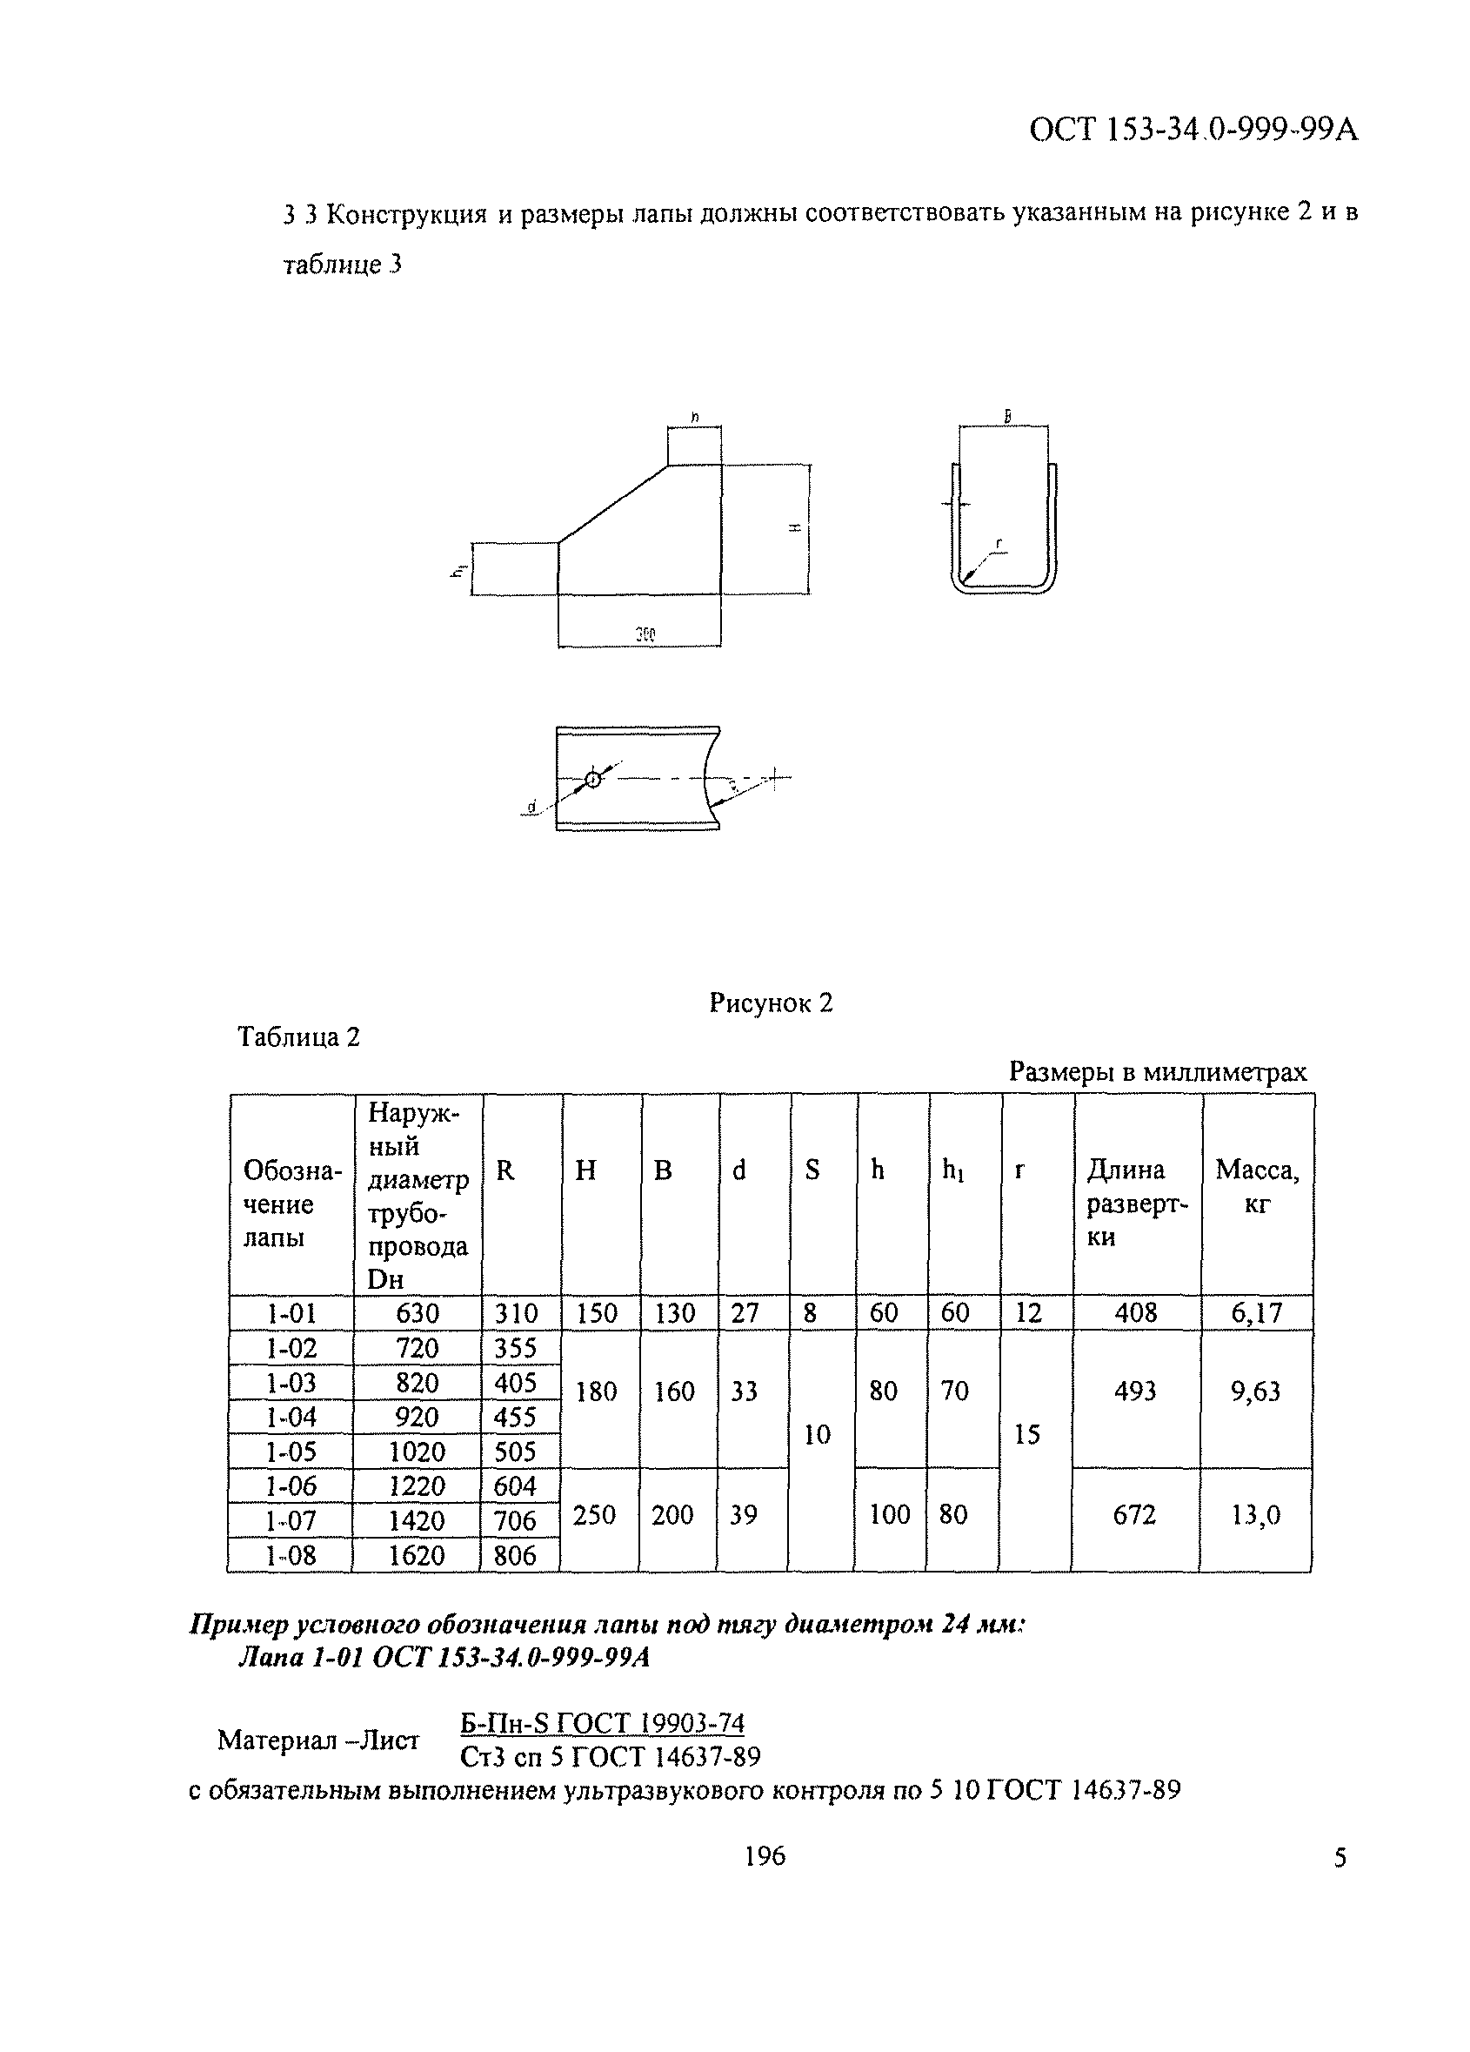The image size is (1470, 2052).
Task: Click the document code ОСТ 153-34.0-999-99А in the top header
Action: (1193, 131)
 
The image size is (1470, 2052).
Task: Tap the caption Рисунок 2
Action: (770, 1003)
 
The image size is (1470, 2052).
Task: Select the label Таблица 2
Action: (298, 1036)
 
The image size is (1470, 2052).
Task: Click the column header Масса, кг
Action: (1257, 1186)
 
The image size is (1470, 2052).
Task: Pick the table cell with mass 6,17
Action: (1257, 1313)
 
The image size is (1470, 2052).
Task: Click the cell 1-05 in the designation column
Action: (291, 1452)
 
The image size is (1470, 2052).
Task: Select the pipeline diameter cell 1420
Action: (416, 1520)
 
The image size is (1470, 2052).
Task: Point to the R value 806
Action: (515, 1555)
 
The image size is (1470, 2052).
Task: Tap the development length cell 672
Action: (1134, 1514)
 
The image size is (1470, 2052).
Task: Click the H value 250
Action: (594, 1514)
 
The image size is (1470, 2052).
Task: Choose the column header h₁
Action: (952, 1170)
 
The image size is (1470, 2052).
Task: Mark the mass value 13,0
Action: (1256, 1514)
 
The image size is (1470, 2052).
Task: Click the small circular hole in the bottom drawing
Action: (592, 779)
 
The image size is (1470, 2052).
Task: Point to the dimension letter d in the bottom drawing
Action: (532, 804)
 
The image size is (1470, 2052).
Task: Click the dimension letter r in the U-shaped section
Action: (998, 543)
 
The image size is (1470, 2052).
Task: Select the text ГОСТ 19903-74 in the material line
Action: (651, 1724)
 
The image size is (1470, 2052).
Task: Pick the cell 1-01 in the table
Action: (291, 1313)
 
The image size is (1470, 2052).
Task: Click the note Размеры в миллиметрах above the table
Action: (1157, 1072)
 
